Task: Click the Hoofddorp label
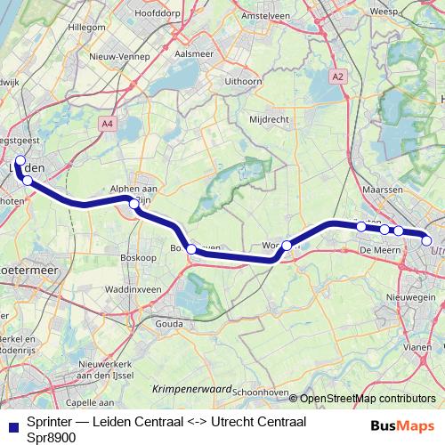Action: (x=157, y=13)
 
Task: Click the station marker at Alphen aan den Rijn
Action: (x=134, y=204)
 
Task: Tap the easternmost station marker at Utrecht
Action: (x=426, y=240)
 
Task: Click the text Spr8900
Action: (x=52, y=437)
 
